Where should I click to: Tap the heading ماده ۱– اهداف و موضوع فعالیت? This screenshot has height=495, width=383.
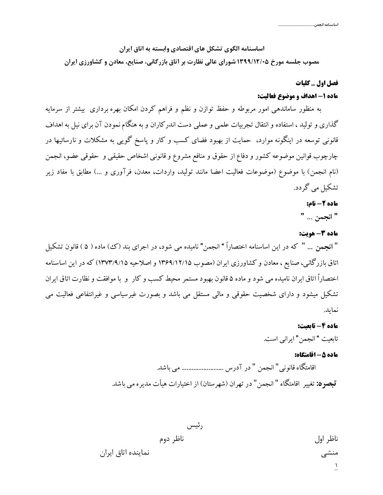pyautogui.click(x=298, y=96)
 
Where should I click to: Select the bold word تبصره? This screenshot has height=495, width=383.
pyautogui.click(x=327, y=384)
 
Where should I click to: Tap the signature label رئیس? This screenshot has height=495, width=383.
pyautogui.click(x=195, y=426)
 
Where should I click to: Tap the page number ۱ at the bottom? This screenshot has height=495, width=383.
pyautogui.click(x=336, y=465)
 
